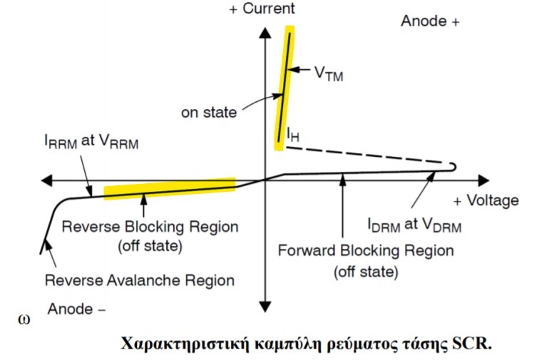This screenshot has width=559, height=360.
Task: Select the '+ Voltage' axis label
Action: [486, 200]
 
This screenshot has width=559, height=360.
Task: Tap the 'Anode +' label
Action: [430, 21]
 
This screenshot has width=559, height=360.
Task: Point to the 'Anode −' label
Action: [77, 309]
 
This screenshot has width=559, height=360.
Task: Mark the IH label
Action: [293, 133]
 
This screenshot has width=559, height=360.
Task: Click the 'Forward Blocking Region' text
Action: [366, 251]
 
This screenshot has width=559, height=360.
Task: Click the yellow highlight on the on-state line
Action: [284, 86]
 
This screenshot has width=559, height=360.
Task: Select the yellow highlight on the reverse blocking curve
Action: [170, 187]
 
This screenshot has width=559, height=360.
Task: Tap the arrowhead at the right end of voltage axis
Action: [484, 180]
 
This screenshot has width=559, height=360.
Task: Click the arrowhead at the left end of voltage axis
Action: [46, 180]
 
